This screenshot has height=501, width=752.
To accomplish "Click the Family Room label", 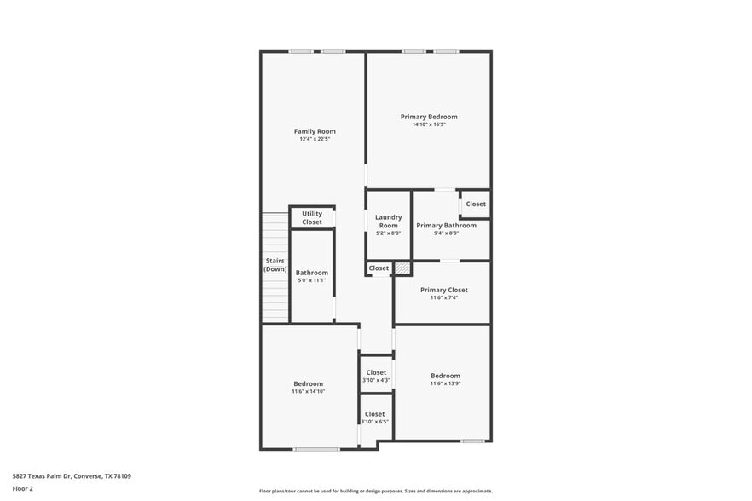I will [x=315, y=131].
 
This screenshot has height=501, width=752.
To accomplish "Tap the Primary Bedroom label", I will [x=429, y=117].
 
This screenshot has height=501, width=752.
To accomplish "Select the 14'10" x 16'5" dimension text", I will [x=429, y=124].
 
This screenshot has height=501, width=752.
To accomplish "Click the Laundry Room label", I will [x=388, y=221].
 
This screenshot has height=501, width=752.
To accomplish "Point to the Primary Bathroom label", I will [x=446, y=225].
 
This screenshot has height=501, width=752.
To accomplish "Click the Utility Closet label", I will [x=312, y=217].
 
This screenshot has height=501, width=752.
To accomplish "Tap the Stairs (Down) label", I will [x=275, y=264].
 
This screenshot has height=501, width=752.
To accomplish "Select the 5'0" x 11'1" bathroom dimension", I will [x=311, y=280].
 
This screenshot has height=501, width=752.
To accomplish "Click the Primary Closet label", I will [x=443, y=290].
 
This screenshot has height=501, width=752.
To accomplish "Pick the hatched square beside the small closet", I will [x=402, y=268].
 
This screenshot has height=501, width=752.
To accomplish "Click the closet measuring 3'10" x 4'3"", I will [x=376, y=376].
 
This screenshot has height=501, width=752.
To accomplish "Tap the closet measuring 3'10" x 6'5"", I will [x=375, y=417].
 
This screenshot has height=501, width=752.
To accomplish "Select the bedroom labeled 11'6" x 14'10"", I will [x=308, y=387].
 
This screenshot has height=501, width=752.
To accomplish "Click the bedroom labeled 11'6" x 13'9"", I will [x=445, y=379].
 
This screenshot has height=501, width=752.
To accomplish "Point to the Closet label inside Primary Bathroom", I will [x=476, y=204].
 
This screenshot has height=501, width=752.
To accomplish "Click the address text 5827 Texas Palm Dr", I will [x=72, y=476].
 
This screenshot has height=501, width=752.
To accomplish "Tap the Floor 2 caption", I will [x=23, y=489].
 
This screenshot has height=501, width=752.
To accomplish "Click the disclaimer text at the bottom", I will [x=375, y=491].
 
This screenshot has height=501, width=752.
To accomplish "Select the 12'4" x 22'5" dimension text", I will [x=315, y=139].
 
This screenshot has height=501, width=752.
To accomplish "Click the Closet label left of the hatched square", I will [x=379, y=268].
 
